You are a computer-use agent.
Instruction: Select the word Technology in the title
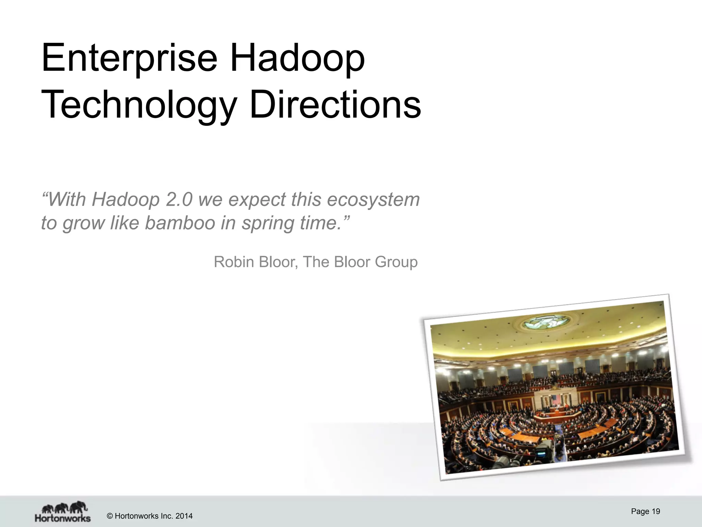pyautogui.click(x=139, y=105)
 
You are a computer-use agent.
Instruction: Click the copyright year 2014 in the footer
pyautogui.click(x=184, y=516)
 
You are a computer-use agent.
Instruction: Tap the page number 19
pyautogui.click(x=656, y=512)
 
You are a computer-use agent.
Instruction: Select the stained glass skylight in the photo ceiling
pyautogui.click(x=545, y=322)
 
